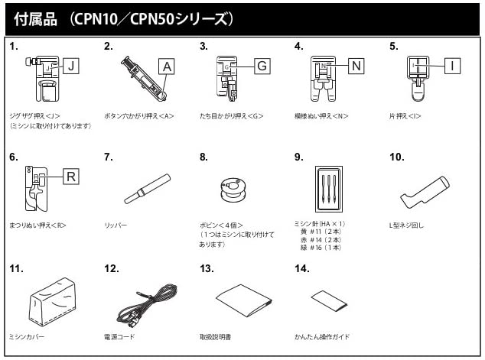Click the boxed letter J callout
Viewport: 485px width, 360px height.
(70, 66)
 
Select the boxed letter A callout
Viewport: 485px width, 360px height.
(167, 66)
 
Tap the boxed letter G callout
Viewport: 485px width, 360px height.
(262, 66)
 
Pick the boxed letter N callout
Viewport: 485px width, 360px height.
(356, 66)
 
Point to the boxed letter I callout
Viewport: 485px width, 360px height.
(452, 66)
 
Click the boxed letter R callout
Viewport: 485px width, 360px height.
(70, 177)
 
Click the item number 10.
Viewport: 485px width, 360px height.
(395, 157)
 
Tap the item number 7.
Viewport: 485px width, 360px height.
(108, 157)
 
